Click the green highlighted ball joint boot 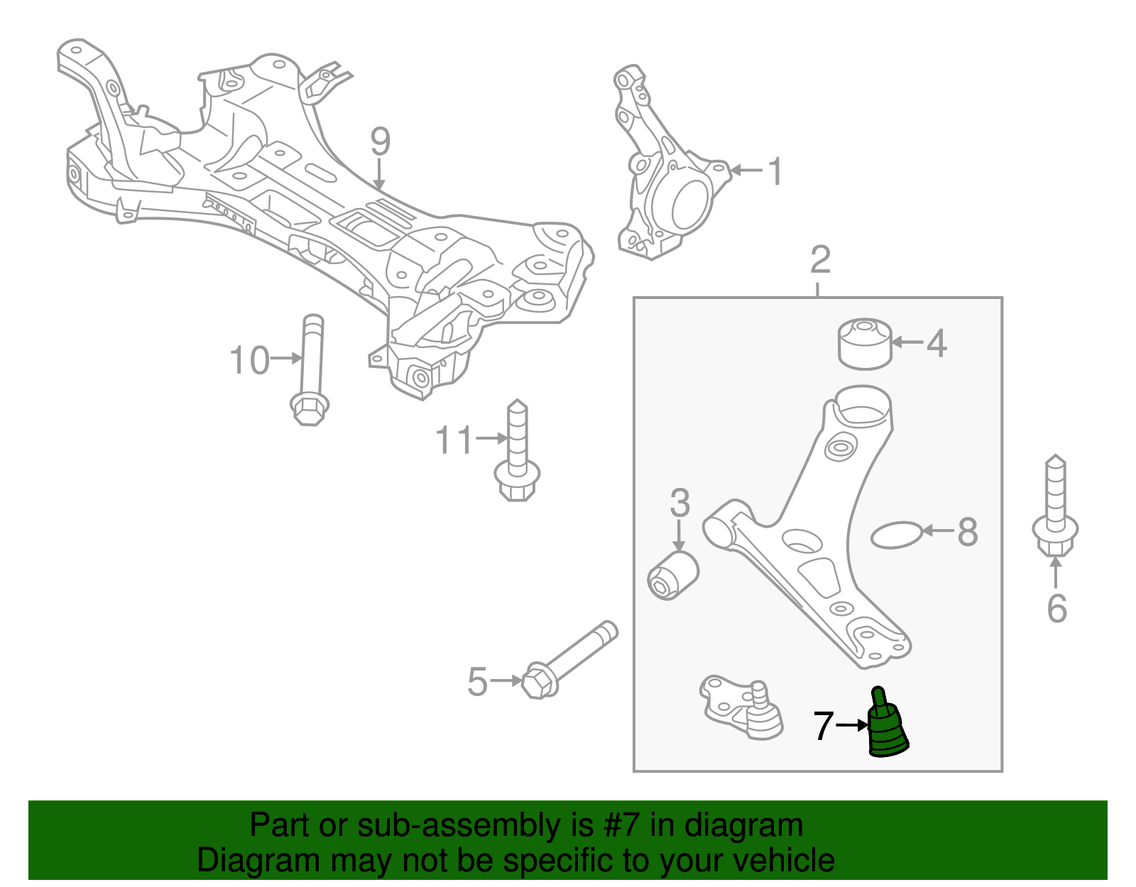(887, 731)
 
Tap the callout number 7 (823, 726)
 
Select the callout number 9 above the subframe (380, 142)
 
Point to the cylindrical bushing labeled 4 (864, 344)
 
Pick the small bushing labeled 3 (674, 575)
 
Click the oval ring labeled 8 (895, 535)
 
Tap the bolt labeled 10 (311, 369)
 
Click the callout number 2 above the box (819, 260)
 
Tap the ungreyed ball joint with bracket (742, 707)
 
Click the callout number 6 (1056, 609)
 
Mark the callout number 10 (249, 361)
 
